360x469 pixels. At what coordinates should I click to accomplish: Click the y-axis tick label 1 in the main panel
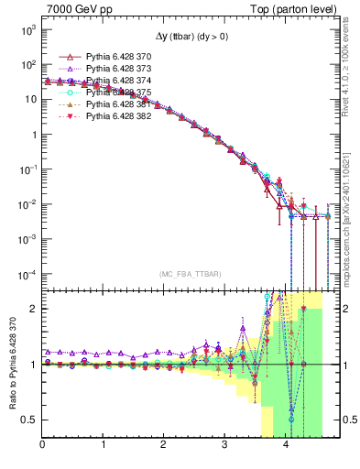tap(32, 135)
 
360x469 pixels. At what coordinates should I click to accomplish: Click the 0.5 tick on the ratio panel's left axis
tap(29, 420)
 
